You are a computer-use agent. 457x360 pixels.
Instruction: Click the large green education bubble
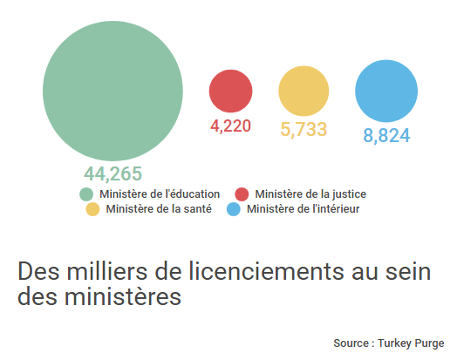tap(113, 91)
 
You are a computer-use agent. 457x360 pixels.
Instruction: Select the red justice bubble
tap(230, 92)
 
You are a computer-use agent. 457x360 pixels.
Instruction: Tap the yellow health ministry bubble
tap(304, 92)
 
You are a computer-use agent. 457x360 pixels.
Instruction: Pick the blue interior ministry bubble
tap(386, 91)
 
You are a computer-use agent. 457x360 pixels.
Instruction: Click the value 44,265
tap(113, 173)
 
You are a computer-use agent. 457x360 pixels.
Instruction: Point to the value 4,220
tap(230, 126)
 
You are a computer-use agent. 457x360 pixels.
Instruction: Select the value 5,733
tap(304, 130)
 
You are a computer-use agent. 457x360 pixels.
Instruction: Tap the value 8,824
tap(386, 136)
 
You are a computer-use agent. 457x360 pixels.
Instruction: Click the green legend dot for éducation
tap(86, 194)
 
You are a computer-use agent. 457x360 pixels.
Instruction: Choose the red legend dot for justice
tap(242, 194)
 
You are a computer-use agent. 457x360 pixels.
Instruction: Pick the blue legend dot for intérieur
tap(233, 209)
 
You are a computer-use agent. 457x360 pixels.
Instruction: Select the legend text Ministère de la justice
tap(311, 194)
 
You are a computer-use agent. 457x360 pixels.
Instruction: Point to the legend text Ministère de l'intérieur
tap(303, 209)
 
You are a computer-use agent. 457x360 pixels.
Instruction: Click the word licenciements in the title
tap(252, 271)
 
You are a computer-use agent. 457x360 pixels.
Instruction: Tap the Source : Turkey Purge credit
tap(389, 343)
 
